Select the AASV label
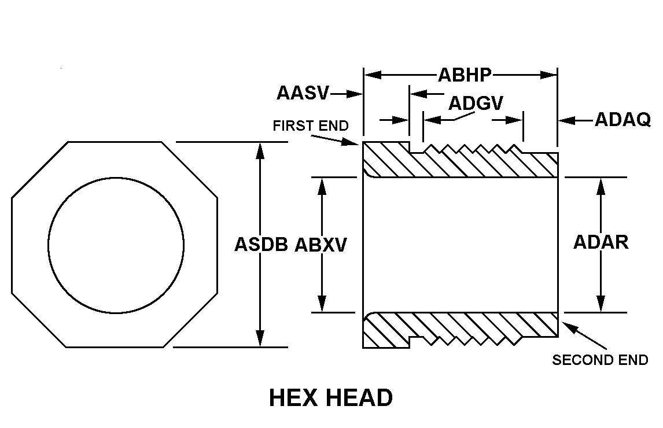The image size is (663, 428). pyautogui.click(x=303, y=93)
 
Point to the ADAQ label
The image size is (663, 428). pyautogui.click(x=623, y=120)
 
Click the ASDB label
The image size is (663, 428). pyautogui.click(x=261, y=245)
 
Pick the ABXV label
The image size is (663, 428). pyautogui.click(x=321, y=245)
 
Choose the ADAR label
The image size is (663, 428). pyautogui.click(x=601, y=242)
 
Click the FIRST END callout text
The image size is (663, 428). pyautogui.click(x=311, y=126)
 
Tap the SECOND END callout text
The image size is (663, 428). pyautogui.click(x=600, y=360)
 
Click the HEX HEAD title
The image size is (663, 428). pyautogui.click(x=331, y=398)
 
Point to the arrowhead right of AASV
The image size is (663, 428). pyautogui.click(x=354, y=93)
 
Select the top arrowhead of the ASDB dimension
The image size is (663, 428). pyautogui.click(x=260, y=149)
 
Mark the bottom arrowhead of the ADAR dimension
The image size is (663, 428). pyautogui.click(x=601, y=304)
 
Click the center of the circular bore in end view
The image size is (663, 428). pyautogui.click(x=116, y=246)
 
